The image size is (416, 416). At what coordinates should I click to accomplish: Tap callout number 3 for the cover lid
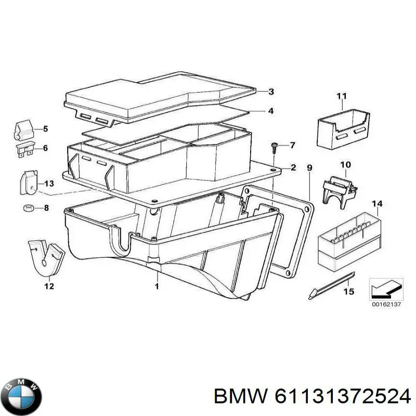pyautogui.click(x=271, y=92)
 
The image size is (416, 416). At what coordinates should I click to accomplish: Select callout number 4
pyautogui.click(x=271, y=111)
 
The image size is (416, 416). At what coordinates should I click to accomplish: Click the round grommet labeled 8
pyautogui.click(x=28, y=209)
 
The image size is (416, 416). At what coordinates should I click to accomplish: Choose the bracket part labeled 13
pyautogui.click(x=30, y=183)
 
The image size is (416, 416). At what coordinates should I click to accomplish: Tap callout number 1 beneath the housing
pyautogui.click(x=157, y=286)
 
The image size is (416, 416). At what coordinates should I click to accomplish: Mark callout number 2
pyautogui.click(x=293, y=167)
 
